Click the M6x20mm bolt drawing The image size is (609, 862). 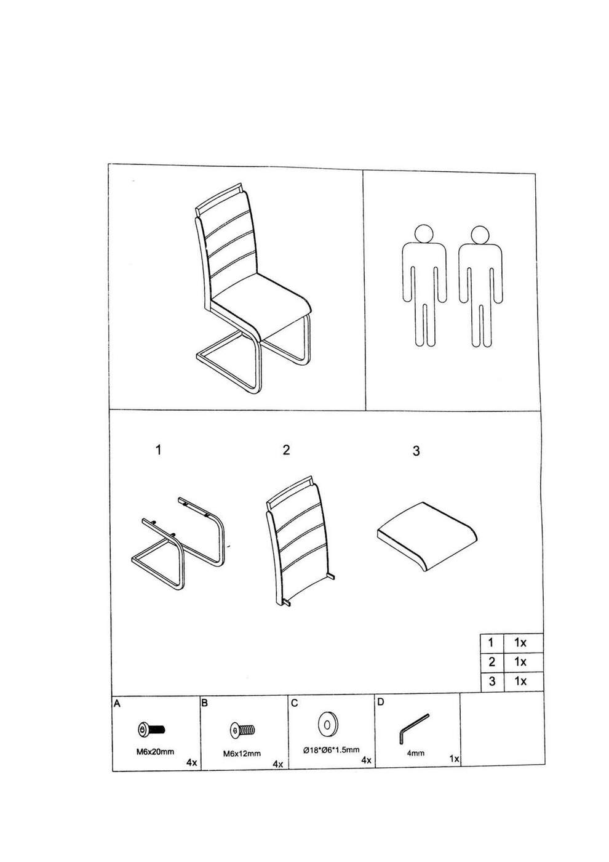click(x=151, y=729)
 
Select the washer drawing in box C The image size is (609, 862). click(x=327, y=725)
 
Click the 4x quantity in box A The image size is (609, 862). click(x=192, y=762)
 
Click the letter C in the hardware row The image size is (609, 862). click(x=295, y=703)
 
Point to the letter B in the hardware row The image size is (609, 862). click(x=204, y=703)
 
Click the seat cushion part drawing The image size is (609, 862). click(x=426, y=537)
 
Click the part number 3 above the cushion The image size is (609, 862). click(x=416, y=451)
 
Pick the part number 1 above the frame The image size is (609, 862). click(x=158, y=450)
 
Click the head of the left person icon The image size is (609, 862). click(x=424, y=235)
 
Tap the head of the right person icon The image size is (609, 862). click(x=480, y=235)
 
